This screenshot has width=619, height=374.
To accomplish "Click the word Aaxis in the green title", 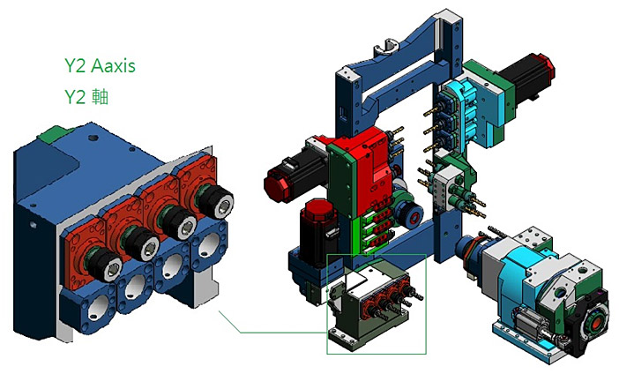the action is (113, 66).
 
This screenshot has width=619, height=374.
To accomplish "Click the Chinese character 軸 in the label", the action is (100, 97).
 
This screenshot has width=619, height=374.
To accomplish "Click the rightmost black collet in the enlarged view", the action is (215, 201).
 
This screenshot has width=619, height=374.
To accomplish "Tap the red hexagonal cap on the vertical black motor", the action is (318, 209).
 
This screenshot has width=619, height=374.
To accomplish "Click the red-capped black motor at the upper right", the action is (528, 78).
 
